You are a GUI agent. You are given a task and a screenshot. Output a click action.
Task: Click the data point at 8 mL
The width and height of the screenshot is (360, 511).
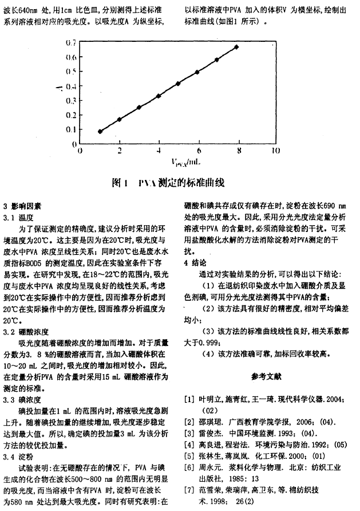click(x=236, y=46)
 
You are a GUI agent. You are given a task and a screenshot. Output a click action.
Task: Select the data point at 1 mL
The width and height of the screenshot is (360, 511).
click(x=100, y=131)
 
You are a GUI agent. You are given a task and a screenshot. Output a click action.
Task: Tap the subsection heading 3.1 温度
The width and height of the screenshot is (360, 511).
click(x=18, y=218)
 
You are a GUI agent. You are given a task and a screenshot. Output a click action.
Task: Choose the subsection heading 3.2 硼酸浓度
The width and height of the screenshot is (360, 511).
click(x=26, y=331)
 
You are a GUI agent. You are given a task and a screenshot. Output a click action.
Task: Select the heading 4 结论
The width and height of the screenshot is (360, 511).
click(x=198, y=262)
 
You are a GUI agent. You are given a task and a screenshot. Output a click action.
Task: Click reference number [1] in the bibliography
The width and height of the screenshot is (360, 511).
click(x=189, y=399)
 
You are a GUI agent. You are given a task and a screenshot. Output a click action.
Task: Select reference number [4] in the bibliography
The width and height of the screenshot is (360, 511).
click(x=189, y=444)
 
